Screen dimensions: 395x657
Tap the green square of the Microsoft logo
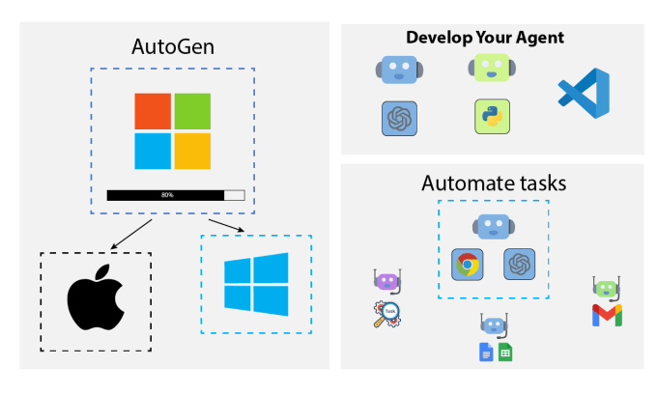click(192, 111)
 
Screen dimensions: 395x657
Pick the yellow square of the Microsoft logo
click(192, 151)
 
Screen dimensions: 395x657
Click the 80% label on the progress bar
click(167, 195)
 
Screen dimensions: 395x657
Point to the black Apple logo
click(96, 301)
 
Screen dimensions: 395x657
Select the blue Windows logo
click(256, 285)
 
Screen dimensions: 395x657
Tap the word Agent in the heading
click(538, 39)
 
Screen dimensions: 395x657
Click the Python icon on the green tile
click(490, 117)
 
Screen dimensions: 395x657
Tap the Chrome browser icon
click(468, 264)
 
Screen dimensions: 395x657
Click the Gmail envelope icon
click(606, 315)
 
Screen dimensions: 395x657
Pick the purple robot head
click(386, 282)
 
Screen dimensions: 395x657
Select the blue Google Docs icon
click(487, 353)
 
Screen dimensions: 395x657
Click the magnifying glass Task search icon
click(387, 314)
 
